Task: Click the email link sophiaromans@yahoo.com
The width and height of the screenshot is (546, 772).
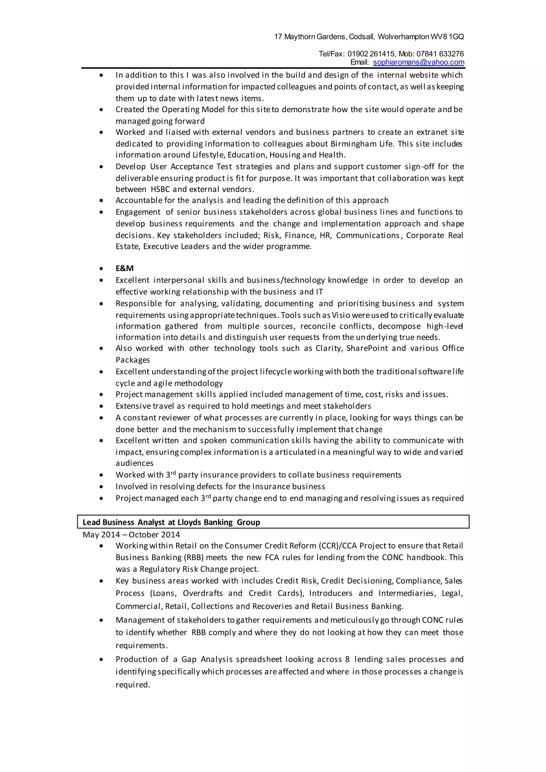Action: pyautogui.click(x=419, y=62)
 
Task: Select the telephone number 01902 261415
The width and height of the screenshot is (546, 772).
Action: pyautogui.click(x=371, y=54)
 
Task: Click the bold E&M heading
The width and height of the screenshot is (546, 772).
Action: pyautogui.click(x=125, y=268)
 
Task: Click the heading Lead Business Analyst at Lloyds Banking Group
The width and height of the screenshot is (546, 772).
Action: pyautogui.click(x=171, y=522)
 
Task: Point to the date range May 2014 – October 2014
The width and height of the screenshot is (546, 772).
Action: pyautogui.click(x=131, y=535)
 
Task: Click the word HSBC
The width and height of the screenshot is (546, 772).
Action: pyautogui.click(x=160, y=189)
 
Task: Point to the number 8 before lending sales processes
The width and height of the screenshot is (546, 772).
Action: pyautogui.click(x=348, y=659)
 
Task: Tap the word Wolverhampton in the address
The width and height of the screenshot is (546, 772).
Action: pyautogui.click(x=403, y=37)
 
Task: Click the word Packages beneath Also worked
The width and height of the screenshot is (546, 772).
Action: pyautogui.click(x=133, y=360)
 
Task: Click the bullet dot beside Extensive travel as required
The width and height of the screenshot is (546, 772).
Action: pyautogui.click(x=101, y=407)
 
